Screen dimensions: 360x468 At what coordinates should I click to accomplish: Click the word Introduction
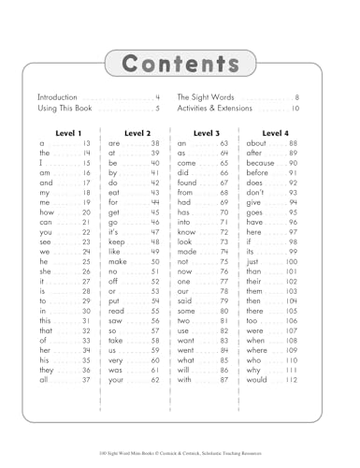[59, 97]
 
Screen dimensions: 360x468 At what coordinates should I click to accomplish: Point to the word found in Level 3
[191, 184]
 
